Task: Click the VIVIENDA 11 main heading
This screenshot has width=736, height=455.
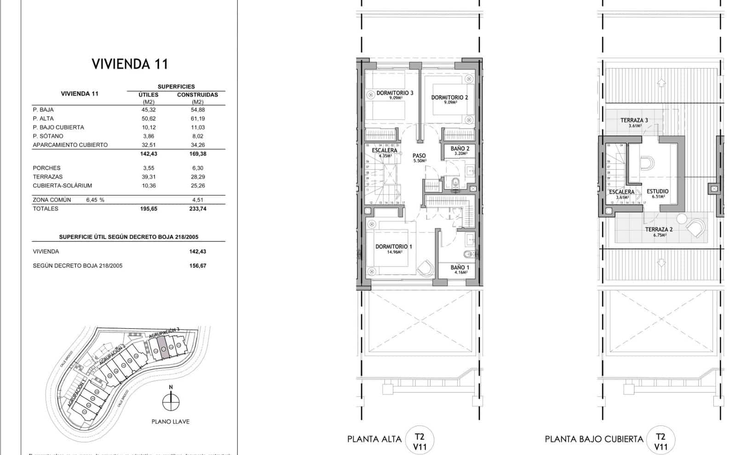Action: (130, 63)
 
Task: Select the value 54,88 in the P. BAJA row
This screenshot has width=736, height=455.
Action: (198, 110)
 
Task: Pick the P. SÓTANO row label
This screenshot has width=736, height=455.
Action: (48, 136)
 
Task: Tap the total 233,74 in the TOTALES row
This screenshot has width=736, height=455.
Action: (197, 209)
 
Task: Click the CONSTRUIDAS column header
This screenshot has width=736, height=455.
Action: (197, 95)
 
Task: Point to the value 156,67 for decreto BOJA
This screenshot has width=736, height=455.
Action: (197, 266)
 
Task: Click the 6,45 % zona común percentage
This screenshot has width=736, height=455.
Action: (95, 200)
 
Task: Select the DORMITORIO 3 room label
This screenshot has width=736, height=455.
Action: (395, 93)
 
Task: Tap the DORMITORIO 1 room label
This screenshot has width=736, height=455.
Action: (394, 247)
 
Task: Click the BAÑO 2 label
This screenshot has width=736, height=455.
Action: (460, 149)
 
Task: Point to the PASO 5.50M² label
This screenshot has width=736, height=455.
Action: (419, 158)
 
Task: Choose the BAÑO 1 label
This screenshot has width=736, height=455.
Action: (460, 268)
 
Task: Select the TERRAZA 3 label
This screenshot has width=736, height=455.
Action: (634, 121)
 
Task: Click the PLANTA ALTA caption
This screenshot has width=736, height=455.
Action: (374, 439)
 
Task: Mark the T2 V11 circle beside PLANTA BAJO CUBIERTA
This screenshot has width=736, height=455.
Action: (661, 441)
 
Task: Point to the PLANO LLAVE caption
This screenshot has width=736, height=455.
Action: (170, 421)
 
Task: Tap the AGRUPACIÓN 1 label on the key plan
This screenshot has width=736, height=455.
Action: (77, 394)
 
